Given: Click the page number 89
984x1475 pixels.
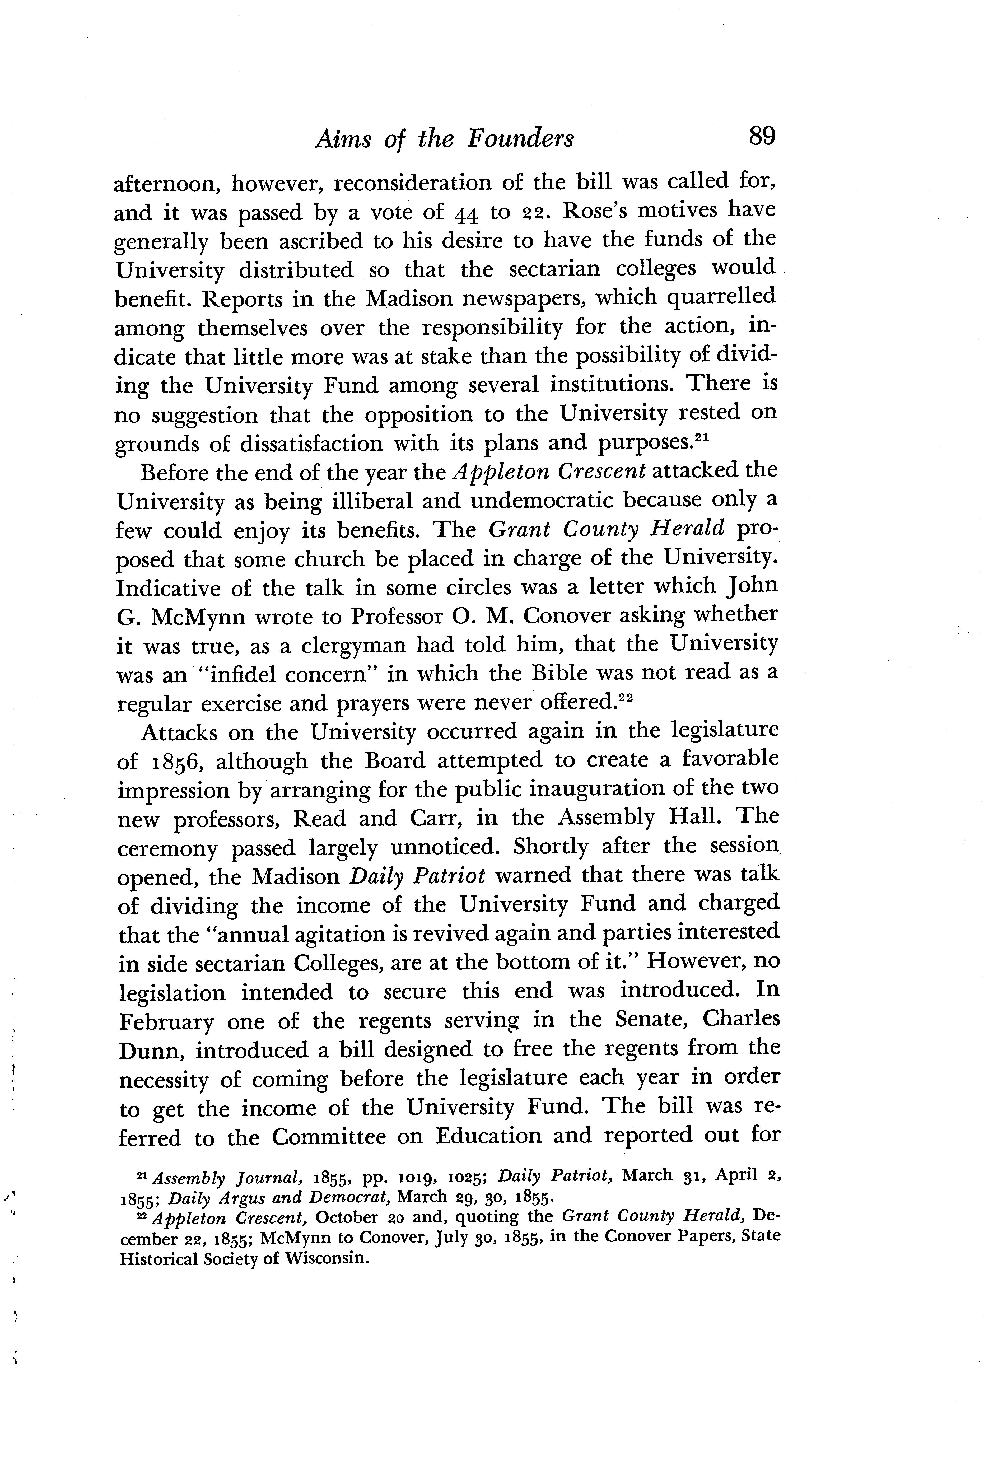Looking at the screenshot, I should point(762,136).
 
